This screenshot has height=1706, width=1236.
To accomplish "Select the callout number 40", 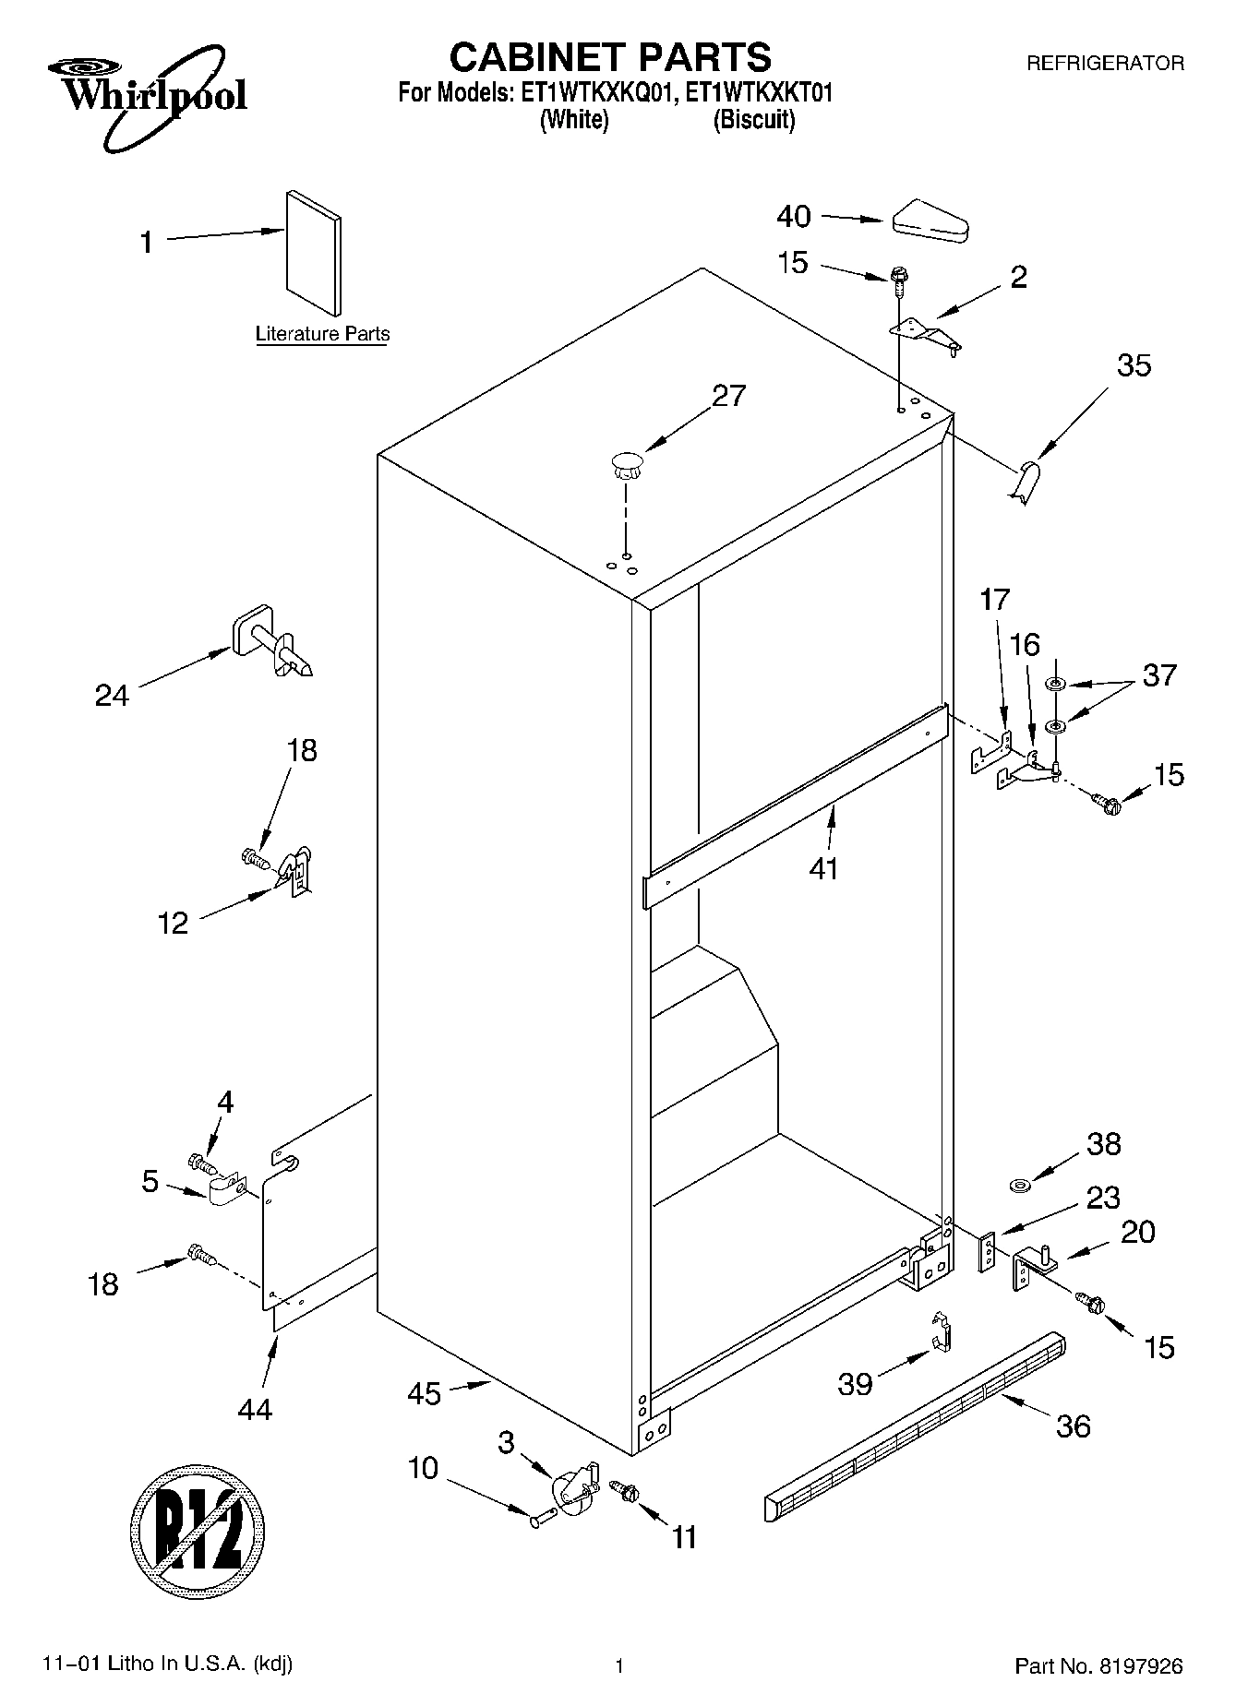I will click(x=793, y=217).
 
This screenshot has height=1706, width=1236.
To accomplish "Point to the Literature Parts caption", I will click(x=322, y=334).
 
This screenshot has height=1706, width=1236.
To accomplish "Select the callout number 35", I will click(x=1134, y=365).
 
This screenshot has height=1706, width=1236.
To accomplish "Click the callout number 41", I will click(x=823, y=868).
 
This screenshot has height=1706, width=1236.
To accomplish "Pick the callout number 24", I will click(x=112, y=695).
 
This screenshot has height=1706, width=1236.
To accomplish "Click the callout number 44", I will click(x=255, y=1409).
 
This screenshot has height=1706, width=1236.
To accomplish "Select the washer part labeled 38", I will click(x=1020, y=1184).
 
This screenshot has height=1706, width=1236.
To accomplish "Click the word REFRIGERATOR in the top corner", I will click(x=1105, y=64).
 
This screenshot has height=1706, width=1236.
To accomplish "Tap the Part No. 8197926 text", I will click(x=1098, y=1665).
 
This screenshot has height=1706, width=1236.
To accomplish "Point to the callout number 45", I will click(x=425, y=1393).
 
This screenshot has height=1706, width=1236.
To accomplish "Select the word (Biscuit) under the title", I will click(x=753, y=120).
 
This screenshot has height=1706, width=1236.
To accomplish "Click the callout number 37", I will click(x=1159, y=674).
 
